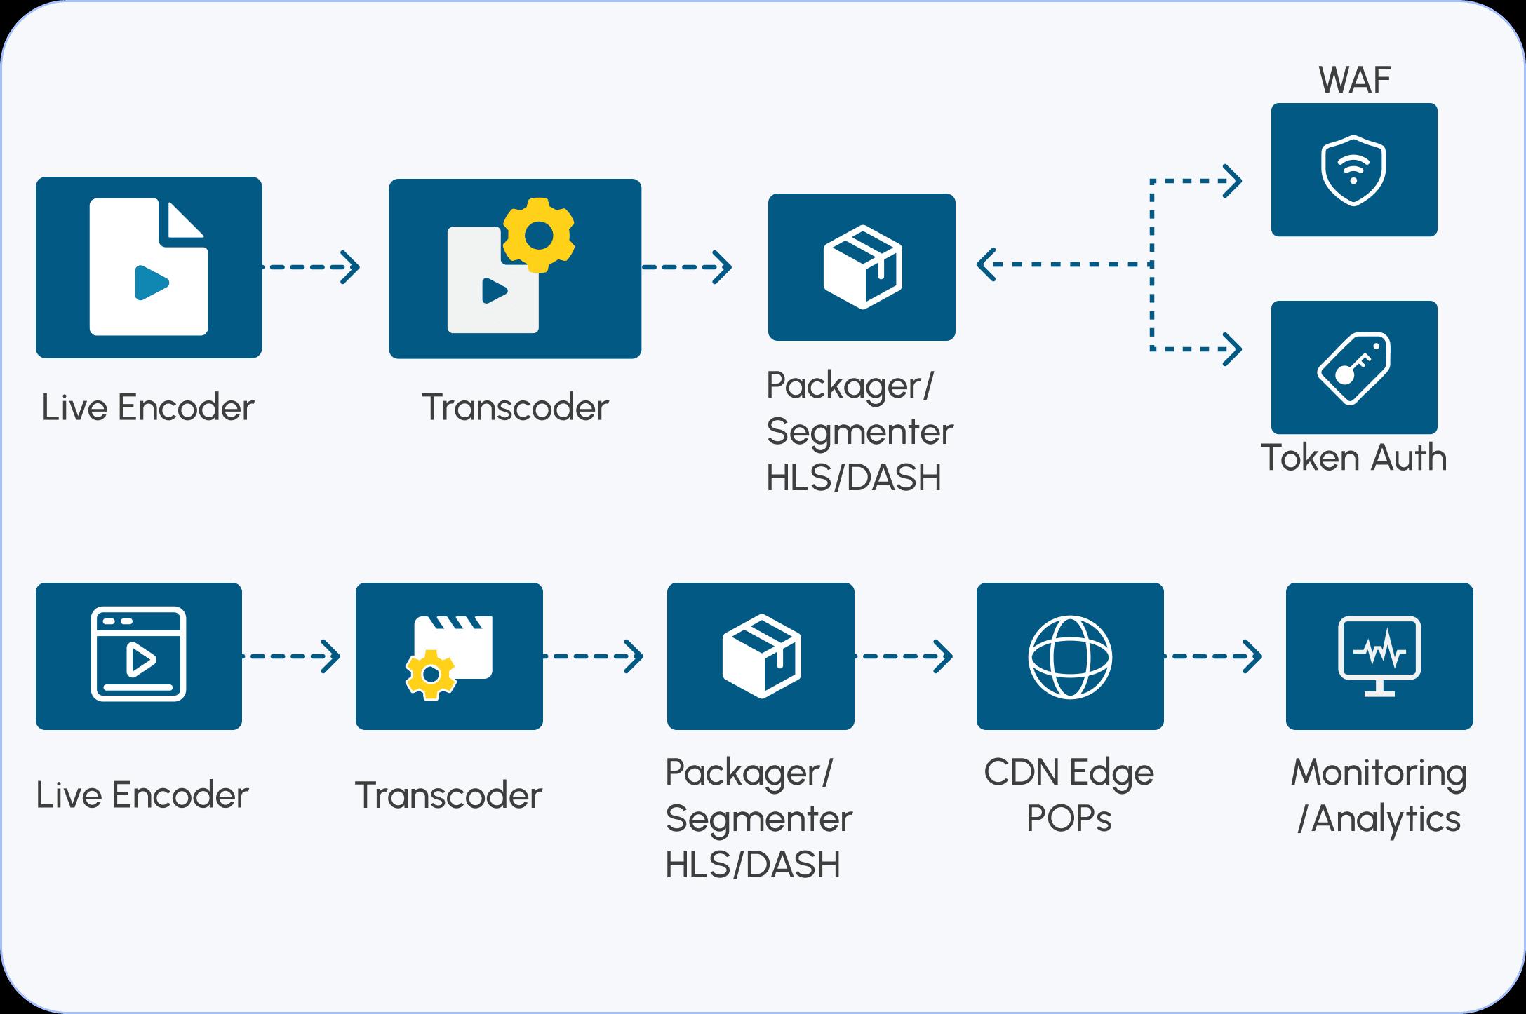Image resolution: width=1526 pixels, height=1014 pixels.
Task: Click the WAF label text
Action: point(1355,80)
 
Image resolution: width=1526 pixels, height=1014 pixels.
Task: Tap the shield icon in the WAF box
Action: point(1353,170)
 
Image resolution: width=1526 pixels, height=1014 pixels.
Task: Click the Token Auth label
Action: point(1353,458)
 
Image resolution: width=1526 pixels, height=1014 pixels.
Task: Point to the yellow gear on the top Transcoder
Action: point(539,236)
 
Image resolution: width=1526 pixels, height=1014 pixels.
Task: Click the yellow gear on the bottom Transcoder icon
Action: point(430,675)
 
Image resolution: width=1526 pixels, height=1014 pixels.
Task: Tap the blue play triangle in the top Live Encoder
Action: point(152,283)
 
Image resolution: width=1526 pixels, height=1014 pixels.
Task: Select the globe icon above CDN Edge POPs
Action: point(1070,656)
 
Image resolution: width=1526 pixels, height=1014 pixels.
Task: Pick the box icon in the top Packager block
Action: point(862,267)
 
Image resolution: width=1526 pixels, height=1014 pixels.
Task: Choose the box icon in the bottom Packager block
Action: point(761,656)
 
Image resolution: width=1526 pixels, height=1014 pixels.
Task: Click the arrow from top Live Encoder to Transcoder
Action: point(312,267)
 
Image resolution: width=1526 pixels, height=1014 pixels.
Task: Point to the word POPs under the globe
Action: point(1069,818)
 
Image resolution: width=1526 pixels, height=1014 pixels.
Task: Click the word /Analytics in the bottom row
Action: point(1379,818)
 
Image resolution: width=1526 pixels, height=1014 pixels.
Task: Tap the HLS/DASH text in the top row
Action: point(853,478)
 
